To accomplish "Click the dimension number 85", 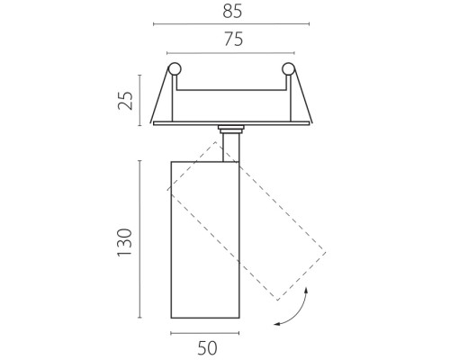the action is coord(232,12).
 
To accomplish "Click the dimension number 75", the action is coord(233,40).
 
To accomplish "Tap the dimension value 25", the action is coord(125,101).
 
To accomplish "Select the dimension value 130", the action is coord(124,242).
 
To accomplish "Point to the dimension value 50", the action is coord(207,348).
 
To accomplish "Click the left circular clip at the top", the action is coord(175,69).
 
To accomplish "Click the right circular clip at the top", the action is coord(288,69).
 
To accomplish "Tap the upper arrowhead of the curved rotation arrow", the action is coord(306,290).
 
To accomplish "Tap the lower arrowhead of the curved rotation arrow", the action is coord(277,324).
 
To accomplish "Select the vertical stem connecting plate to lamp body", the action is coord(231,148).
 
